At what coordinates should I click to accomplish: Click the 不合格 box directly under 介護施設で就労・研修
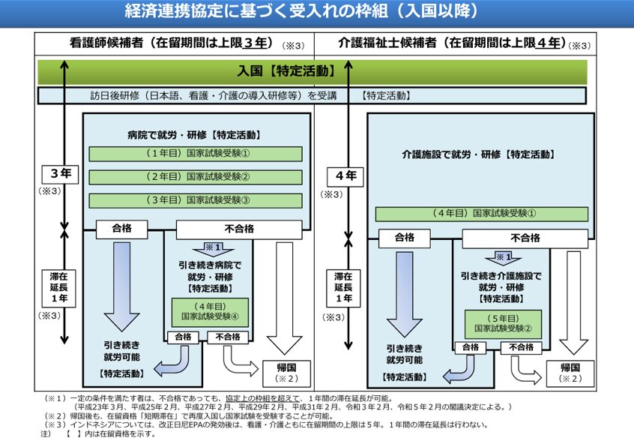pos(525,238)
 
